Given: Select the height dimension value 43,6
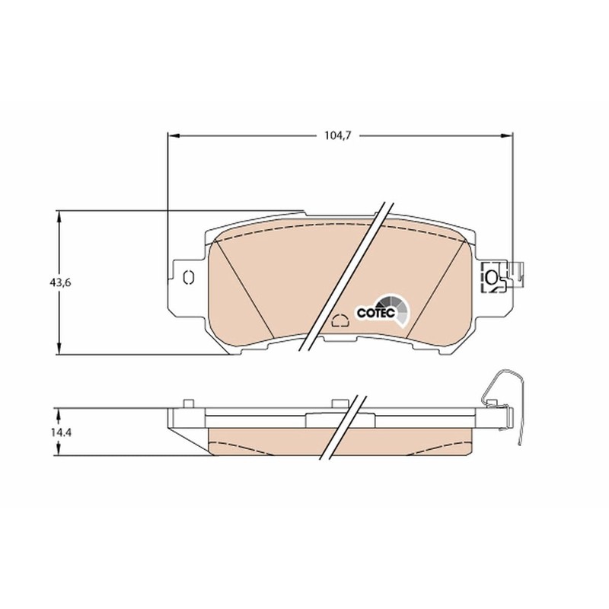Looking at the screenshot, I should (x=61, y=282).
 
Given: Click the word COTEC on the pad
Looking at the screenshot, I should (x=373, y=311).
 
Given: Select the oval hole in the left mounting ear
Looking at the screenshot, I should (x=190, y=276).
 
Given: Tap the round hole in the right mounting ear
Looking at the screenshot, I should (x=492, y=277).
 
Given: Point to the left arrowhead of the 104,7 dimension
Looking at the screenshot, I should (x=172, y=136).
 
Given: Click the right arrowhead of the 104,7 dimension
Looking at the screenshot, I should (x=508, y=136).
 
